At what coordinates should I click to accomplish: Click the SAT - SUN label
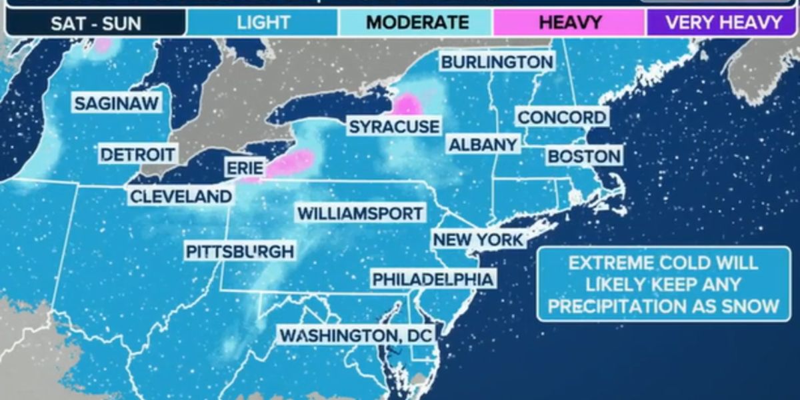point(96,23)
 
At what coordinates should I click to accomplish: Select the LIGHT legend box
point(263,23)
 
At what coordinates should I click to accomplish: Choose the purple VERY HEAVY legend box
point(723,23)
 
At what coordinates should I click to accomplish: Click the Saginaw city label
point(117,104)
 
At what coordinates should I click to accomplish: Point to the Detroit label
point(138,155)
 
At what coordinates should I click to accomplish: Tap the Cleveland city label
point(181,197)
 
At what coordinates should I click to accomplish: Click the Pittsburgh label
point(239,251)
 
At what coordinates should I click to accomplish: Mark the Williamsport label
point(360,213)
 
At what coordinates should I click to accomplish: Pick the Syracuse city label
point(394,127)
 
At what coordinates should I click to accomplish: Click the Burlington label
point(497,62)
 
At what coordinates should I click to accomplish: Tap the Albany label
point(483,144)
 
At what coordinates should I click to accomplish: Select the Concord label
point(563,117)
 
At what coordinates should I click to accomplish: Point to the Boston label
point(584,157)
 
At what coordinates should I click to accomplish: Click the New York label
point(478,239)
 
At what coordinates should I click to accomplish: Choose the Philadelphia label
point(433,279)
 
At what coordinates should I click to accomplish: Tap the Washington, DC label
point(356,335)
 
